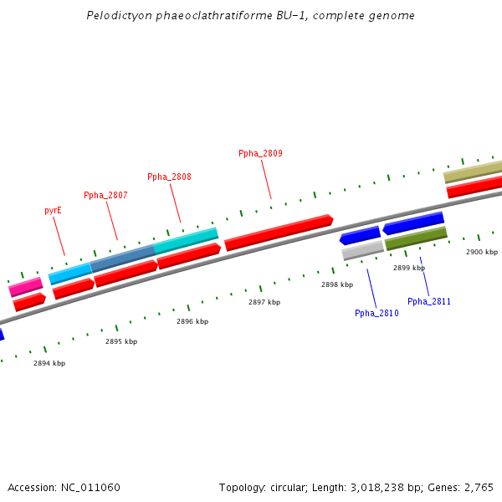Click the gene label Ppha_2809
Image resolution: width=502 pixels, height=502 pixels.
[260, 153]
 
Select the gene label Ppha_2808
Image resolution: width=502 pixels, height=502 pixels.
[169, 177]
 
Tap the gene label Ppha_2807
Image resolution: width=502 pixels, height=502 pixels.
[105, 195]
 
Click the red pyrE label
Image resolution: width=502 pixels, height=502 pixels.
[53, 211]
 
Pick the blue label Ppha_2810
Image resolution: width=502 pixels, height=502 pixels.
[376, 313]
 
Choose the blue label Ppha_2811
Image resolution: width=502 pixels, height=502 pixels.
[429, 301]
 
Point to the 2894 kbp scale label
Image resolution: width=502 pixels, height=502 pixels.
[49, 363]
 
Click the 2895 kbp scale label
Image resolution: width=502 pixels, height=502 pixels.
[121, 341]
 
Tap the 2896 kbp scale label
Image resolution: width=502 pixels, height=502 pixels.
[192, 321]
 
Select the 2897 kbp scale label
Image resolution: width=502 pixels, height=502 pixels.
[264, 302]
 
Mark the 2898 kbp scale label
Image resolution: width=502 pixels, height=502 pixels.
[337, 284]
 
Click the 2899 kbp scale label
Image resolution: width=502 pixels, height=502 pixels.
[409, 268]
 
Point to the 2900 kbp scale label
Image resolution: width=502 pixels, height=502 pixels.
[482, 252]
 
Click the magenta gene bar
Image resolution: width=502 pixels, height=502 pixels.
[26, 287]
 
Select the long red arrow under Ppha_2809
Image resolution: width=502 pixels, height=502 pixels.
[279, 233]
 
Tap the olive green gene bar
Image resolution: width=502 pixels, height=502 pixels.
[416, 238]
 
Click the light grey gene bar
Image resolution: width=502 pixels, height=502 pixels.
[362, 250]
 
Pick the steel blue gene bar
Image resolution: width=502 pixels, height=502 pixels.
[123, 258]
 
